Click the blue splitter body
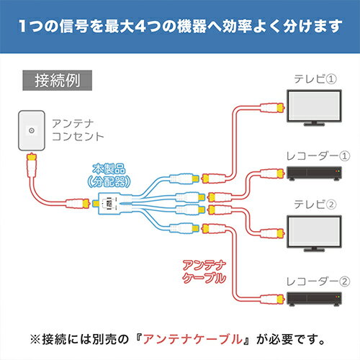(109, 203)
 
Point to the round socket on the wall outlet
(29, 130)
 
